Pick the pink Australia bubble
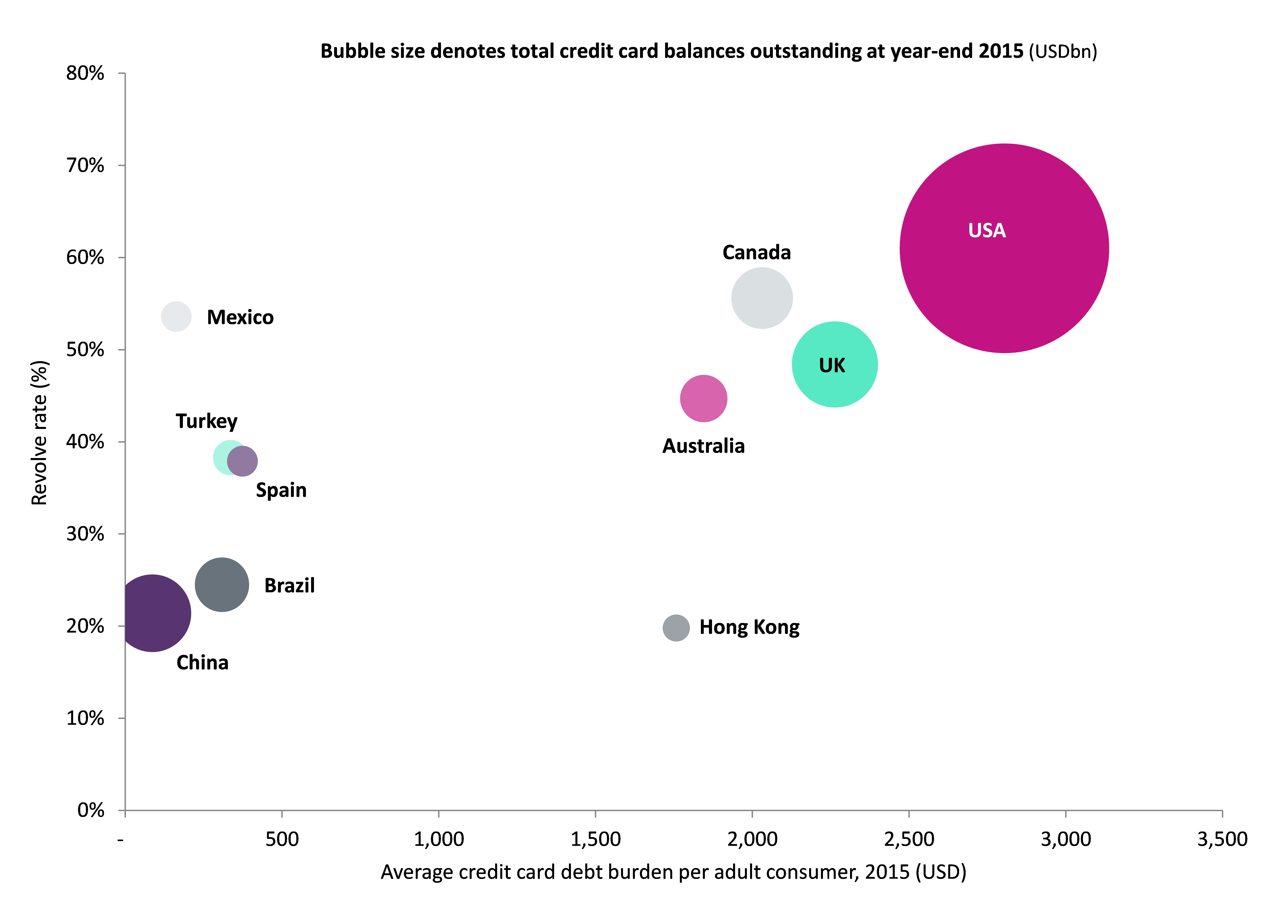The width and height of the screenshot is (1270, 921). tap(703, 398)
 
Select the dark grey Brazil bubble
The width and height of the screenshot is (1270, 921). tap(222, 584)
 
